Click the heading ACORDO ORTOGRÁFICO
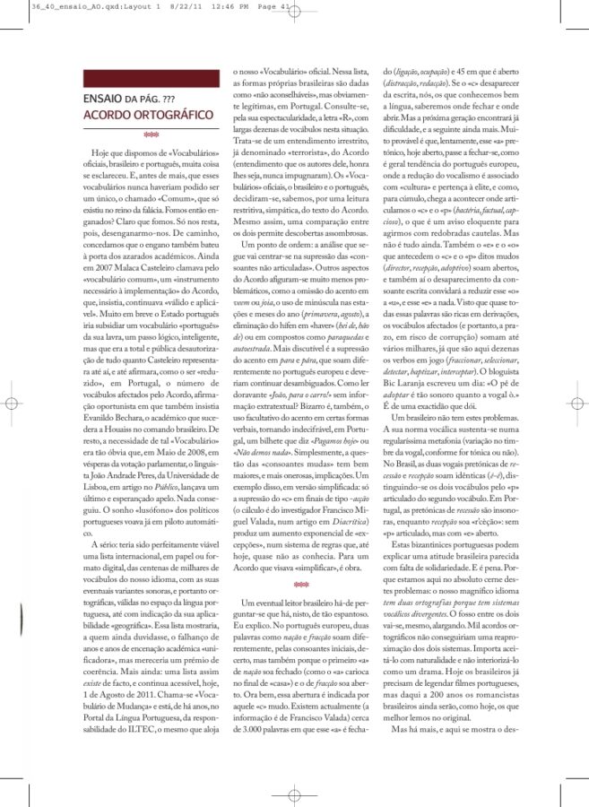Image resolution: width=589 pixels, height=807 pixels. pyautogui.click(x=147, y=116)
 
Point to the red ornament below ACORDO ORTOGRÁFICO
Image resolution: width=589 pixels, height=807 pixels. pyautogui.click(x=150, y=136)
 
